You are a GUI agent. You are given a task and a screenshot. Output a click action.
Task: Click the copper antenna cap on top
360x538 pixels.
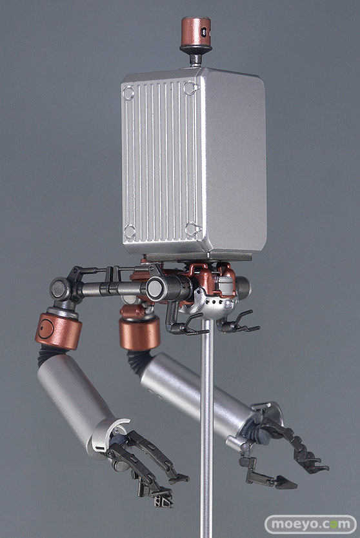click(x=195, y=32)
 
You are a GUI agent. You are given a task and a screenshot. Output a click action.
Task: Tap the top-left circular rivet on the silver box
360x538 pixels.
click(x=128, y=93)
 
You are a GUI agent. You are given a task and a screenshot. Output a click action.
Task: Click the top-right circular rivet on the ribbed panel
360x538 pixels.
click(x=191, y=88)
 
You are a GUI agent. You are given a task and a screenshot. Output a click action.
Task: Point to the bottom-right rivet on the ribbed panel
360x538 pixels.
click(x=192, y=228)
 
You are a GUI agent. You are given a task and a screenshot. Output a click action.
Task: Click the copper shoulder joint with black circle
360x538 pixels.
click(x=58, y=330)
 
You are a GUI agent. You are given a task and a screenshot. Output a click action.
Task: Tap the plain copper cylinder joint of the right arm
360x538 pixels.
click(x=139, y=332)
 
